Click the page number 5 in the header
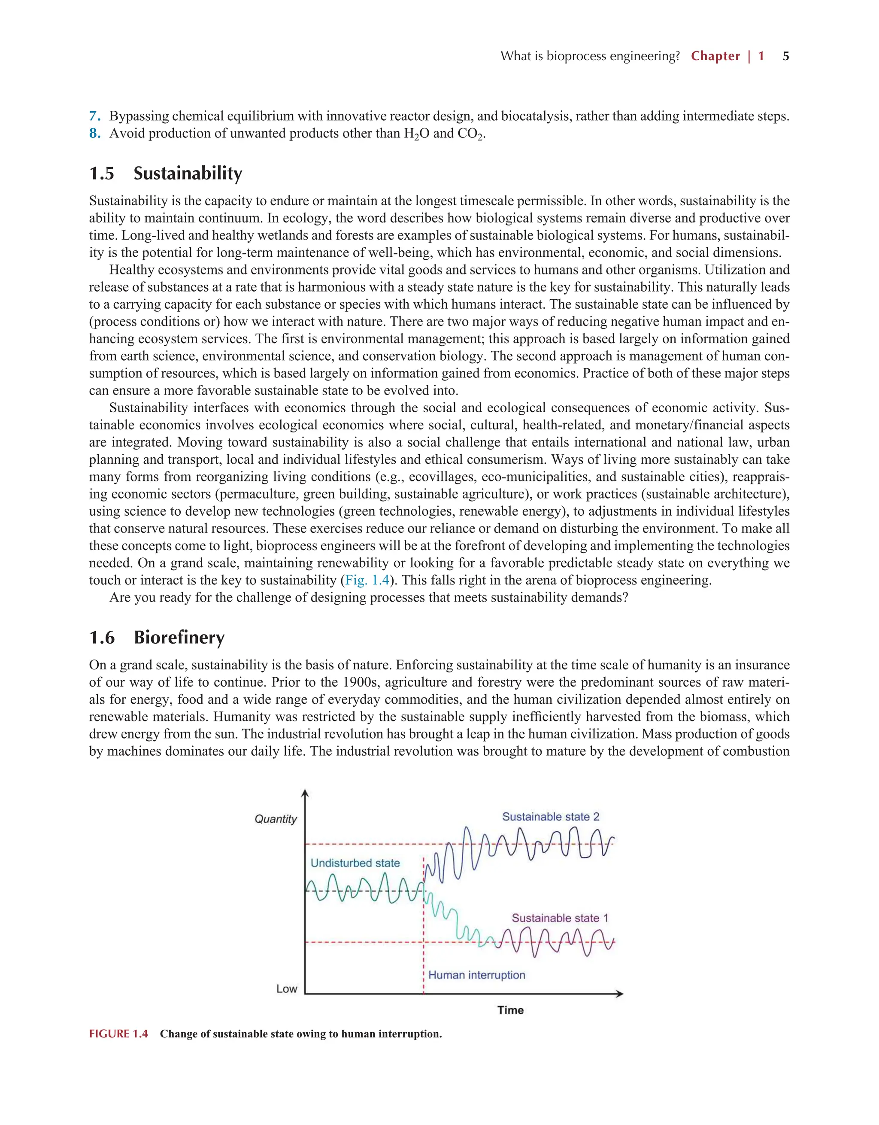click(786, 56)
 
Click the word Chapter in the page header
click(715, 56)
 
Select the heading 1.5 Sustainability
click(165, 173)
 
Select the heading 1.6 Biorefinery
click(157, 638)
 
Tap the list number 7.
click(94, 116)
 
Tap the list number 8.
click(94, 134)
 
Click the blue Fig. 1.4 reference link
click(367, 581)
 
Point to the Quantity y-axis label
click(276, 819)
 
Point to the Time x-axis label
click(510, 1010)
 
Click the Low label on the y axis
click(286, 989)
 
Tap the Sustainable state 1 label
click(560, 918)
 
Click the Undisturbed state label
click(355, 864)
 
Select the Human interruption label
click(476, 975)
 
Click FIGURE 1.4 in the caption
click(118, 1034)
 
